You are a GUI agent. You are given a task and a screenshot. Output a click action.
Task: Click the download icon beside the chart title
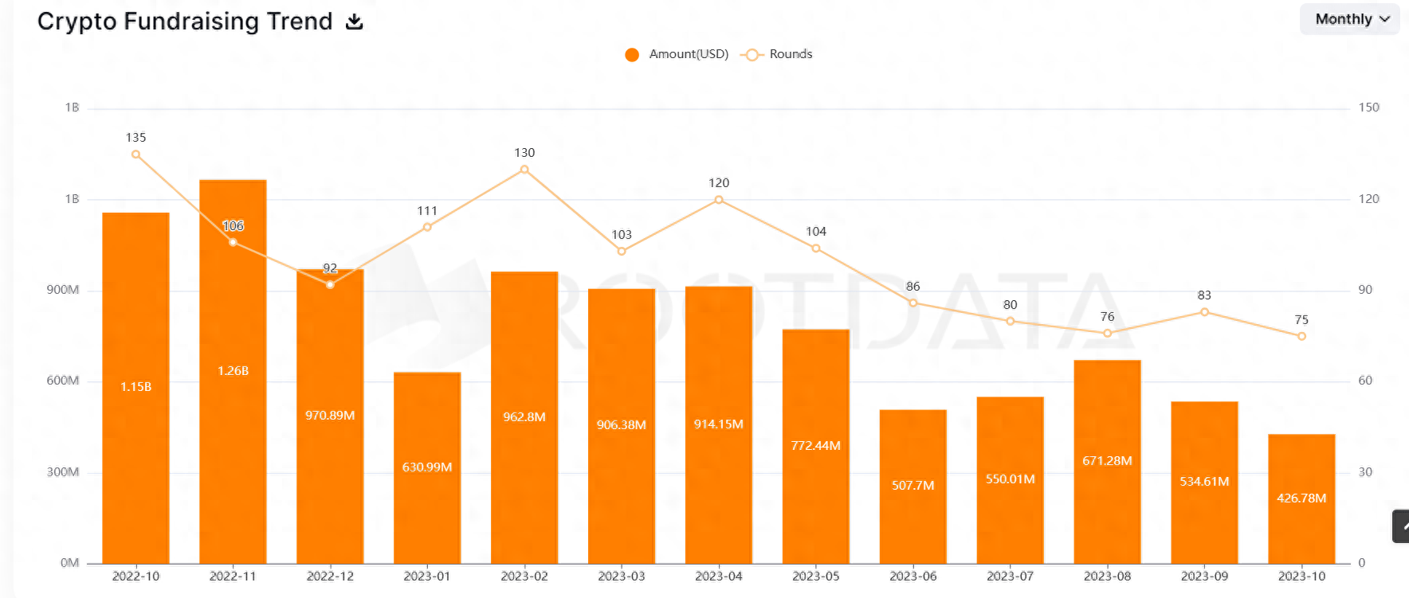(355, 21)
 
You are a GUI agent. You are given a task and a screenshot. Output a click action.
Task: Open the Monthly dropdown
(1351, 19)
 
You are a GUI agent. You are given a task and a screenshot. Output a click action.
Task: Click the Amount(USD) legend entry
(677, 54)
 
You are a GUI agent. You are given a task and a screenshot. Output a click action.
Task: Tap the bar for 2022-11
(233, 398)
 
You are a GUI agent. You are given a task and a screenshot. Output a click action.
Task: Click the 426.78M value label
(1301, 498)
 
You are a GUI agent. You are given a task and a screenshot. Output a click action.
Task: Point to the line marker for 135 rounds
(135, 154)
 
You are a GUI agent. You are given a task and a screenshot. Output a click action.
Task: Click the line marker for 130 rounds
(524, 170)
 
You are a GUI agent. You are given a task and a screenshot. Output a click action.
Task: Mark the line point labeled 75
(1301, 336)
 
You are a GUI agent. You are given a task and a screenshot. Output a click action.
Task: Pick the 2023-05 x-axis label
(816, 577)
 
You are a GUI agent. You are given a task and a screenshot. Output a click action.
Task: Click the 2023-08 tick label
(1107, 577)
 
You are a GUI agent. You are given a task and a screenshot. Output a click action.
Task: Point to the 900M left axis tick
(63, 290)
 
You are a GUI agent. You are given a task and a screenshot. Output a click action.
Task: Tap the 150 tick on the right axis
(1368, 107)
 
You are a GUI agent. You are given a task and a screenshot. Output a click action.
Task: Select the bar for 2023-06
(913, 510)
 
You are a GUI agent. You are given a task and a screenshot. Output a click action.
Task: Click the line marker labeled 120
(719, 200)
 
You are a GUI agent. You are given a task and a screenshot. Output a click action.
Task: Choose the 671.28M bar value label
(1107, 461)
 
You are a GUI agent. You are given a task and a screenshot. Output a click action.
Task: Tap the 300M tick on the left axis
(63, 472)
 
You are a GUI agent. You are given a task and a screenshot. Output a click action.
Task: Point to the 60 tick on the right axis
(1365, 381)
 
